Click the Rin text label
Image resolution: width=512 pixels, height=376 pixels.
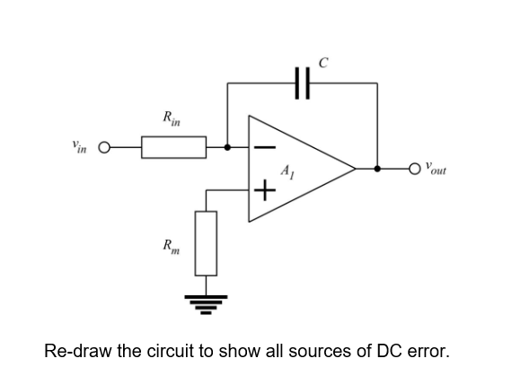coord(169,116)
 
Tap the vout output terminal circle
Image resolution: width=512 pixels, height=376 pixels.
coord(415,168)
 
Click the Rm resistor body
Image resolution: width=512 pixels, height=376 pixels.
coord(207,243)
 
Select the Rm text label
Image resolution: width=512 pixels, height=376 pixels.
coord(169,245)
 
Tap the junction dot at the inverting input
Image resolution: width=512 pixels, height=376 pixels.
coord(227,147)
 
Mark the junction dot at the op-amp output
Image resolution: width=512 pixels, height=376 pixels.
coord(376,168)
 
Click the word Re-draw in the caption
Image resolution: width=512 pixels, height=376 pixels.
coord(76,349)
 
